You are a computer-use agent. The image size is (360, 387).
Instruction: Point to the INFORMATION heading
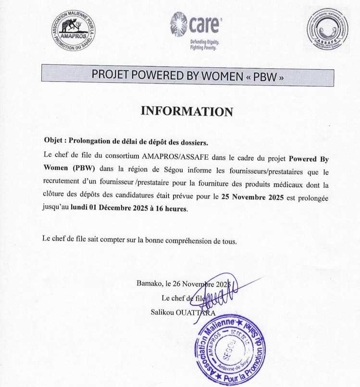[x=186, y=111]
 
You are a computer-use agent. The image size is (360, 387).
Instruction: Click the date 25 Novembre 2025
[x=249, y=196]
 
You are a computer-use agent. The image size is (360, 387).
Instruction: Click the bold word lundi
[x=80, y=209]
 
